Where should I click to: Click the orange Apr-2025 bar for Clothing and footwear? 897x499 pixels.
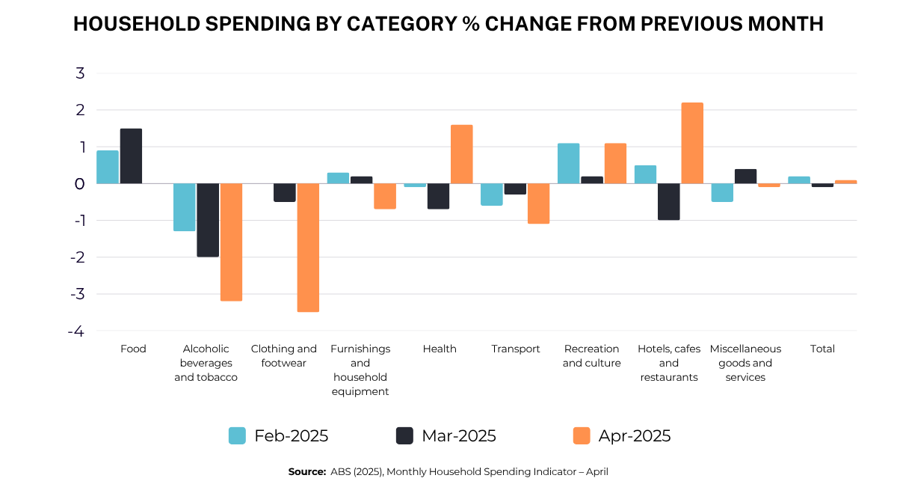[x=308, y=248]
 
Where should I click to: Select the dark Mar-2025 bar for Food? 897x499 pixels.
[x=131, y=156]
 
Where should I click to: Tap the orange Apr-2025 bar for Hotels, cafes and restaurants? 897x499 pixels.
[x=692, y=143]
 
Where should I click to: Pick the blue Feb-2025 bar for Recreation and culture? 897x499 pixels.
[x=569, y=164]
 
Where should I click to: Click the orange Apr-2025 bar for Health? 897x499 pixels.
[x=462, y=154]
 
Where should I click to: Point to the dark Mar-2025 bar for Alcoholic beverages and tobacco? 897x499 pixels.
[x=208, y=220]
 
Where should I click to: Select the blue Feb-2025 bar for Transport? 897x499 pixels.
[x=492, y=195]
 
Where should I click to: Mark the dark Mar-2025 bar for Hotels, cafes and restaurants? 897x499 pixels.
[x=669, y=201]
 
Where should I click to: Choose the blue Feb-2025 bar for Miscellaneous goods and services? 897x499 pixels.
[x=722, y=193]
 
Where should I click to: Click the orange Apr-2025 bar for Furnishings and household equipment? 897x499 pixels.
[x=385, y=197]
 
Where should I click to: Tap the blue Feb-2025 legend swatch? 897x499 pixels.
[x=237, y=435]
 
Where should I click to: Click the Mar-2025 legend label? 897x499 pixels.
[x=459, y=435]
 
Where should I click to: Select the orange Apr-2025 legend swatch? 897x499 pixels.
[x=582, y=435]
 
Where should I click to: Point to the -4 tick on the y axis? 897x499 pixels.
[x=76, y=331]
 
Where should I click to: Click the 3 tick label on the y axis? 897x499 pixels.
[x=80, y=73]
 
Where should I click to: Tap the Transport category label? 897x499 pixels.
[x=516, y=349]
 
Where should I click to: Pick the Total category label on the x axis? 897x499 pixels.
[x=822, y=349]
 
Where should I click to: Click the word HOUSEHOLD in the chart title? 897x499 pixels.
[x=137, y=24]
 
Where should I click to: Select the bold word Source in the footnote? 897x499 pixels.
[x=306, y=472]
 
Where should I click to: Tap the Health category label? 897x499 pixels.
[x=440, y=349]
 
